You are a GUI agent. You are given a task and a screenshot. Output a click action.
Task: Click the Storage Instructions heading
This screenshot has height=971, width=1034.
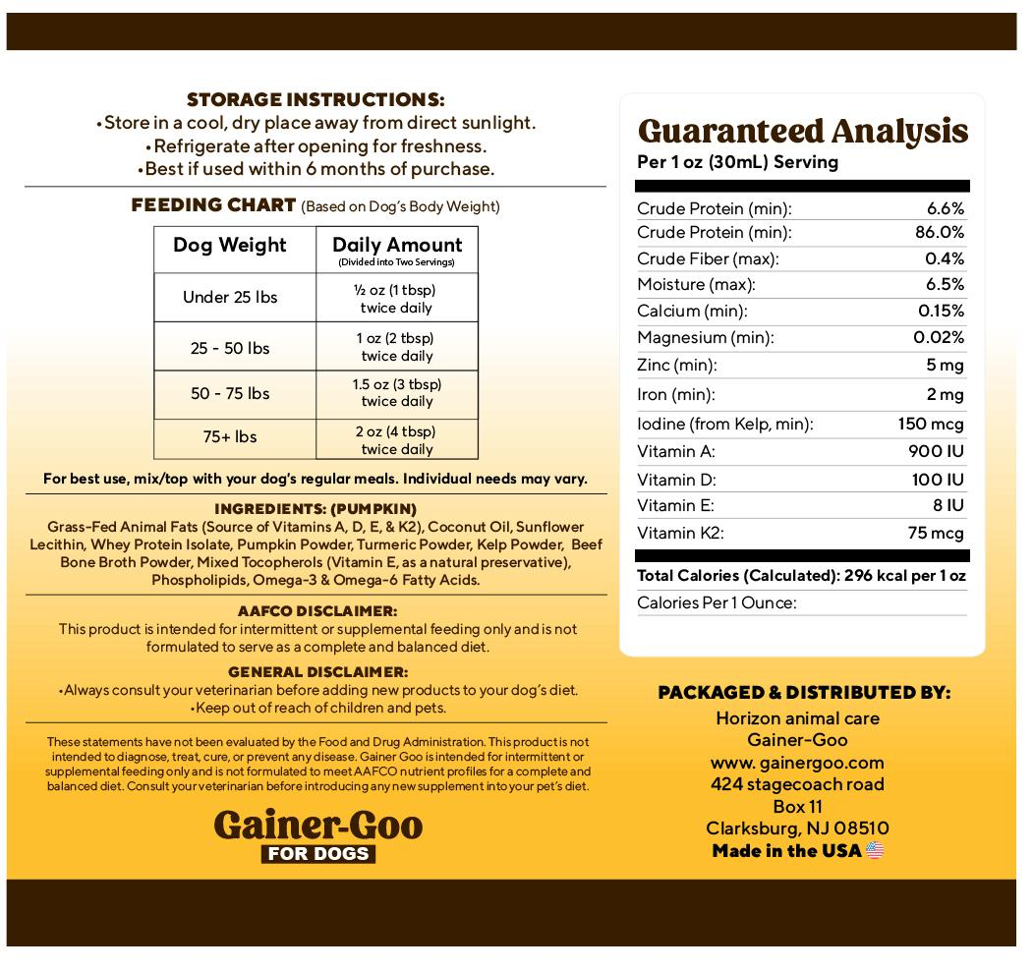(x=316, y=100)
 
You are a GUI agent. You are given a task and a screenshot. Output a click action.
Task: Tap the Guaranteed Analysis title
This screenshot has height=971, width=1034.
(x=803, y=131)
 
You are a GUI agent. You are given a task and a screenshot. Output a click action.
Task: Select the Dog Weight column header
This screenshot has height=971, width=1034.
(x=230, y=245)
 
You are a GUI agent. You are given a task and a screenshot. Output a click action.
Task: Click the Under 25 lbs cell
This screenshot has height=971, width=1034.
(x=230, y=297)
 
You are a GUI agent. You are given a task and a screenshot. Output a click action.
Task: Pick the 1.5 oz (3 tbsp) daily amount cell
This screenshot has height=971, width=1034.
(x=397, y=392)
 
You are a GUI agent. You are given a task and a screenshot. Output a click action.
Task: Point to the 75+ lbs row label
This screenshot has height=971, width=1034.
(x=230, y=436)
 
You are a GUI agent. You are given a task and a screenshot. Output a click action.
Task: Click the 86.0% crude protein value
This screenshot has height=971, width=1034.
(x=939, y=233)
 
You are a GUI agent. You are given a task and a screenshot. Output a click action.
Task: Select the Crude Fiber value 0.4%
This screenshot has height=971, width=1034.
(x=946, y=258)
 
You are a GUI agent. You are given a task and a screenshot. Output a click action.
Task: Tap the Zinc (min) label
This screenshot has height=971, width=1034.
(x=677, y=366)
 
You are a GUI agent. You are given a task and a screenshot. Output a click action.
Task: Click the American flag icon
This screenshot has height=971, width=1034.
(x=875, y=851)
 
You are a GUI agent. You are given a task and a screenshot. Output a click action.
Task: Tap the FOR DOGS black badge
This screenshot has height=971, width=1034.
(x=317, y=853)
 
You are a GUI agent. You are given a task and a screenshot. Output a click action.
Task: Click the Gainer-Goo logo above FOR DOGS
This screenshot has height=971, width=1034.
(x=317, y=823)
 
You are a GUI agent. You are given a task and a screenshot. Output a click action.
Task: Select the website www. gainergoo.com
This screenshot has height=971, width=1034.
(x=797, y=763)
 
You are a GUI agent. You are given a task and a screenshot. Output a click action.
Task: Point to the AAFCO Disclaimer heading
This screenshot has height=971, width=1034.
(x=316, y=611)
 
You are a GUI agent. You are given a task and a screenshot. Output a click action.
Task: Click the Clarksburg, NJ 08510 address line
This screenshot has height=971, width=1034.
(x=797, y=828)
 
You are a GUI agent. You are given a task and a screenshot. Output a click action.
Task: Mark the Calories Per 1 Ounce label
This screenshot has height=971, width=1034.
(x=717, y=602)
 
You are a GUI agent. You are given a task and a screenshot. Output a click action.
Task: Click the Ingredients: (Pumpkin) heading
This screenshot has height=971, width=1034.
(x=316, y=509)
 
